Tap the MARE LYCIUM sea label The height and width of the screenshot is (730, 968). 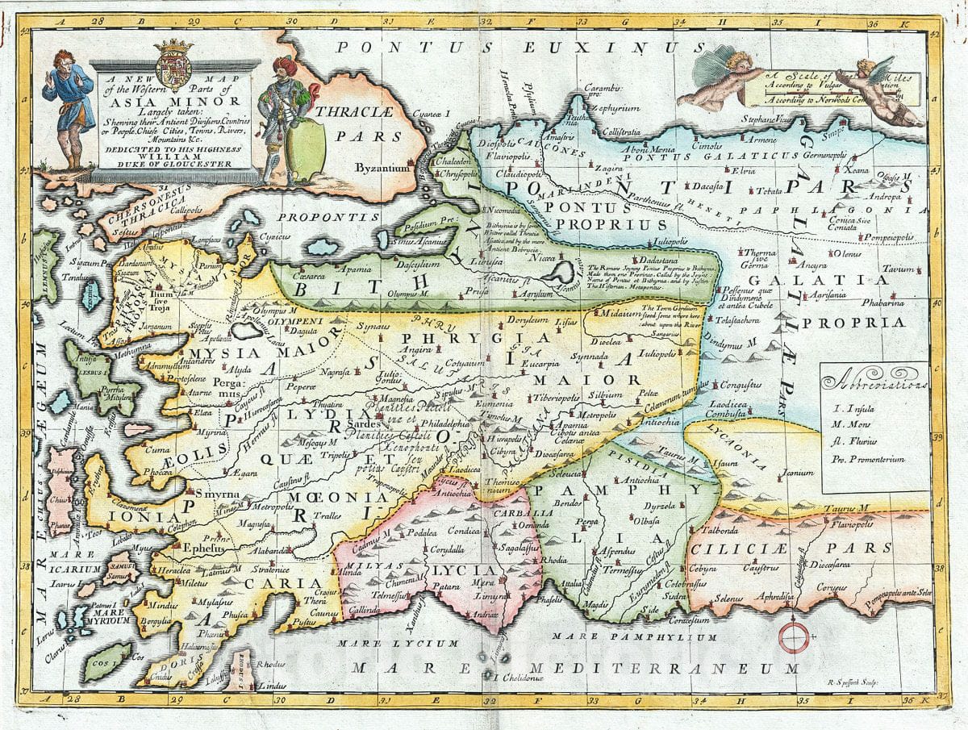pos(398,643)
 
